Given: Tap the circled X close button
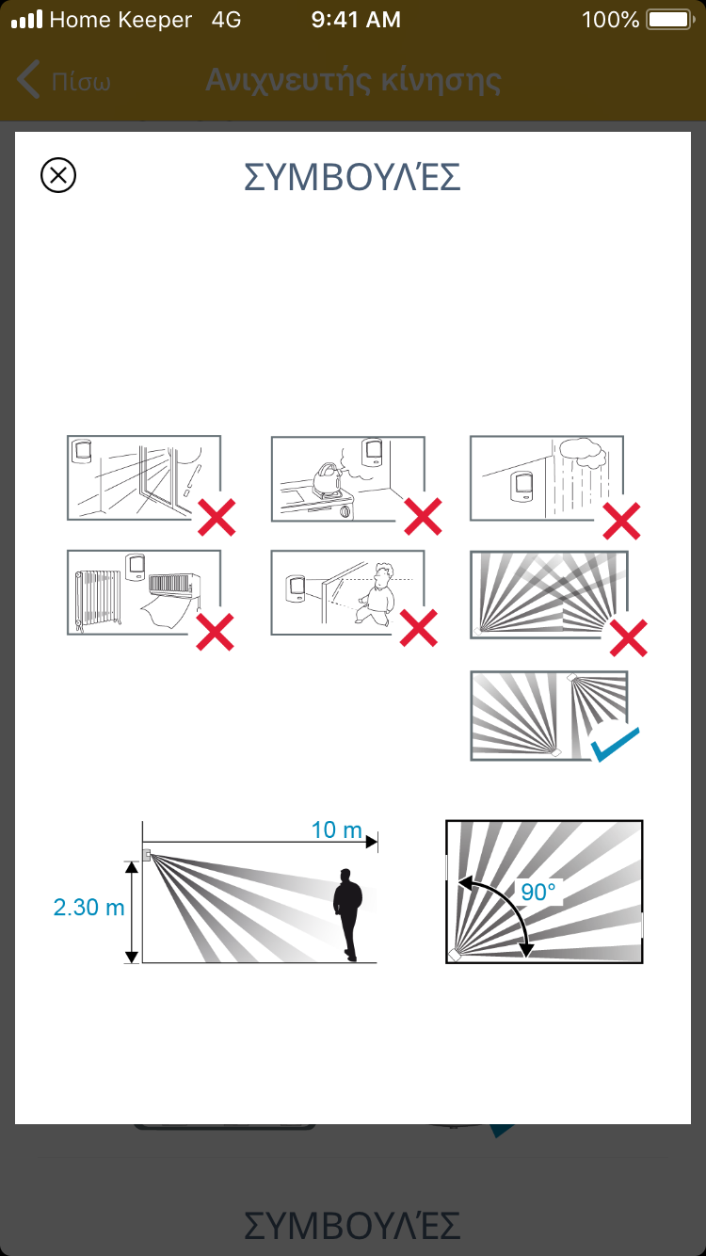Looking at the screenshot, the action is [x=58, y=175].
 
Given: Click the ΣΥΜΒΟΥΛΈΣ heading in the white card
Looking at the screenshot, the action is [x=352, y=177].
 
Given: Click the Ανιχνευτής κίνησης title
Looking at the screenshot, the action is [x=353, y=80].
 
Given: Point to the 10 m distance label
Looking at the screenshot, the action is [x=336, y=829].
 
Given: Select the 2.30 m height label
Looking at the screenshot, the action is [x=88, y=908].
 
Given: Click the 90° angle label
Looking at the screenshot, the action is [x=538, y=892].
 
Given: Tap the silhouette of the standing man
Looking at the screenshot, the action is [x=347, y=914].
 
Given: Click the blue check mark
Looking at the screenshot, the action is [x=615, y=744].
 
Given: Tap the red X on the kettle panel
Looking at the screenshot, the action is [x=423, y=516].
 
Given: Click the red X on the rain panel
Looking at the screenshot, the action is [x=621, y=521].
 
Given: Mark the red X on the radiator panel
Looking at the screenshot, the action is [x=215, y=632].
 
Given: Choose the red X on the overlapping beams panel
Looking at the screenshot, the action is [x=629, y=637].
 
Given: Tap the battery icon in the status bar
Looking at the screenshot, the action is [x=670, y=20].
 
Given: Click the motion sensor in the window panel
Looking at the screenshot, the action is [x=82, y=451].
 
